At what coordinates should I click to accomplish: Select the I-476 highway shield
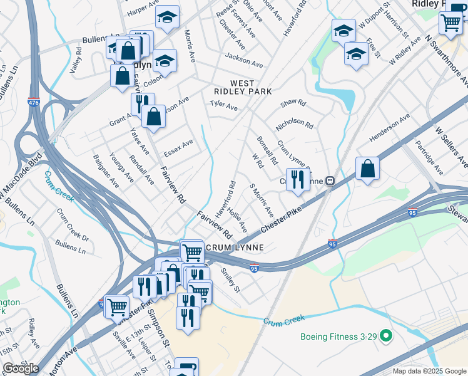[x=33, y=101]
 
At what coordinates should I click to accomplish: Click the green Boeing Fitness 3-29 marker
[x=386, y=337]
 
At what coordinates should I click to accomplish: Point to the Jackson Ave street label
[x=244, y=62]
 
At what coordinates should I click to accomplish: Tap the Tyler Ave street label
[x=223, y=106]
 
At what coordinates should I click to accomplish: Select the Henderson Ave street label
[x=389, y=127]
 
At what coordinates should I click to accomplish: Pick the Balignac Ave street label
[x=106, y=171]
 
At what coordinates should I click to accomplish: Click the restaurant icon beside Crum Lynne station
[x=298, y=179]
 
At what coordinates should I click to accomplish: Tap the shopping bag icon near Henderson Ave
[x=368, y=169]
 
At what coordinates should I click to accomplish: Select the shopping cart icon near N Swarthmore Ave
[x=450, y=23]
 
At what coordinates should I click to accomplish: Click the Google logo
[x=21, y=368]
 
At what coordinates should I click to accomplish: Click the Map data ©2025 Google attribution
[x=429, y=371]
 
